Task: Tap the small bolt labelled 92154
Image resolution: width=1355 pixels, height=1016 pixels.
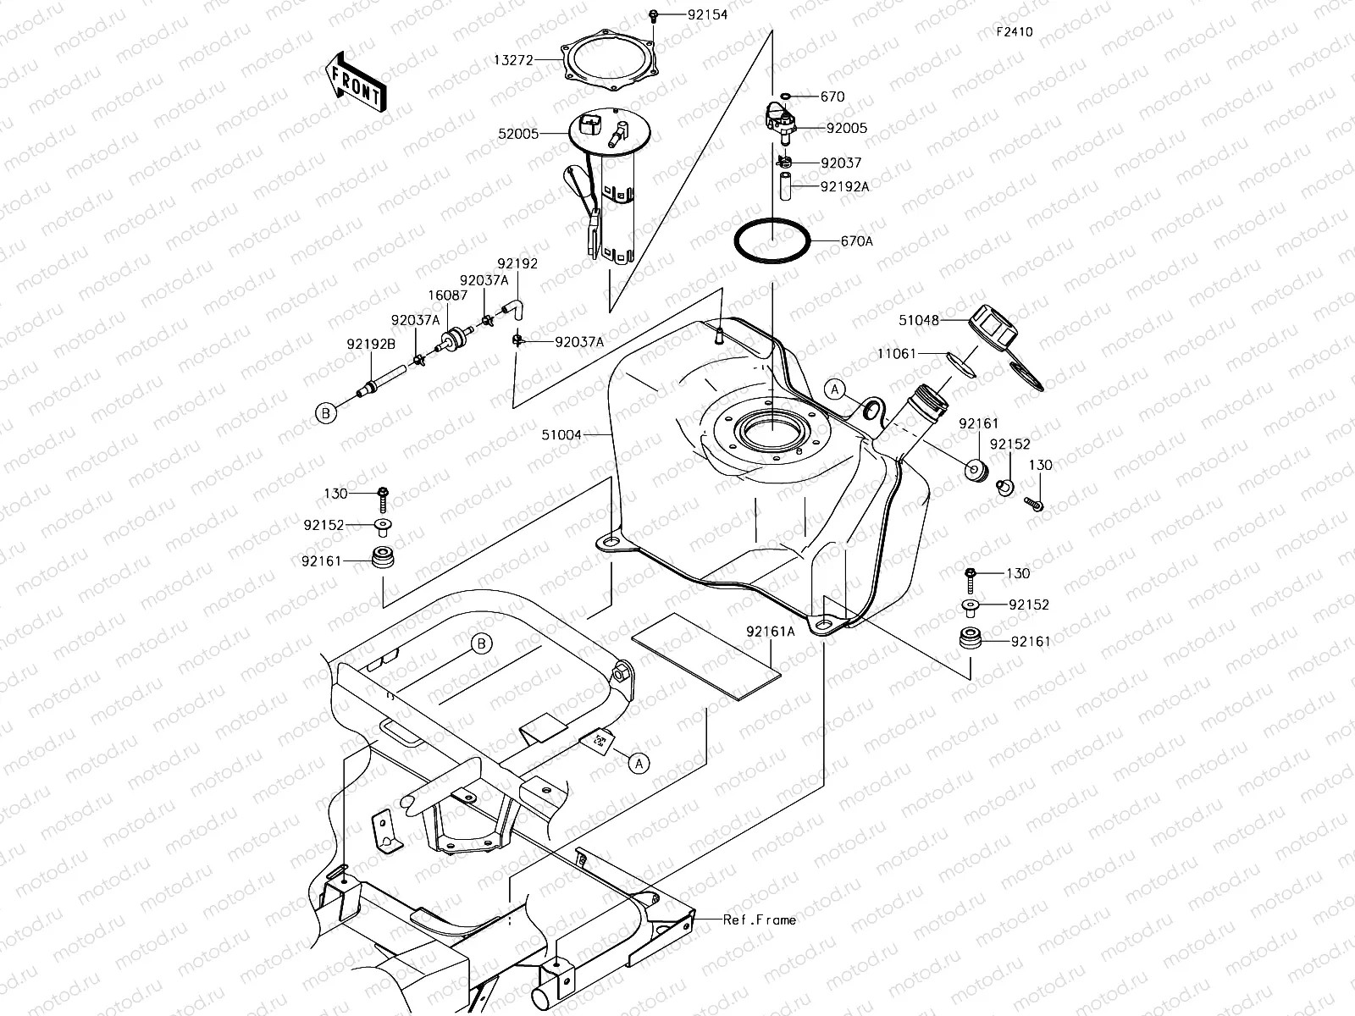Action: click(654, 15)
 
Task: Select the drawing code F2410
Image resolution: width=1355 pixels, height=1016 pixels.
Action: click(1014, 32)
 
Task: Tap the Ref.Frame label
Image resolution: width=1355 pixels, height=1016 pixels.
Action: click(760, 919)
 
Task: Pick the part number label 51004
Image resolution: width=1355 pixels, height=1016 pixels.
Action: click(562, 435)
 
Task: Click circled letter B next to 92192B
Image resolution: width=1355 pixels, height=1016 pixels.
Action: click(325, 413)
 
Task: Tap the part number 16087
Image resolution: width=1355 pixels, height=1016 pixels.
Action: click(447, 295)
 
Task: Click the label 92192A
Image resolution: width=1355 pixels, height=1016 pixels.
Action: click(844, 187)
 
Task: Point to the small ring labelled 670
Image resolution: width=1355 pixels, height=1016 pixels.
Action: click(786, 97)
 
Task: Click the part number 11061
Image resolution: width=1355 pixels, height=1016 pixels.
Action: click(897, 353)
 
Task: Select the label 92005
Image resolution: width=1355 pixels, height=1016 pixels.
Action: click(846, 129)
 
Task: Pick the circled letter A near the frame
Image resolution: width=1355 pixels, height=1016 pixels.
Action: click(639, 763)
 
